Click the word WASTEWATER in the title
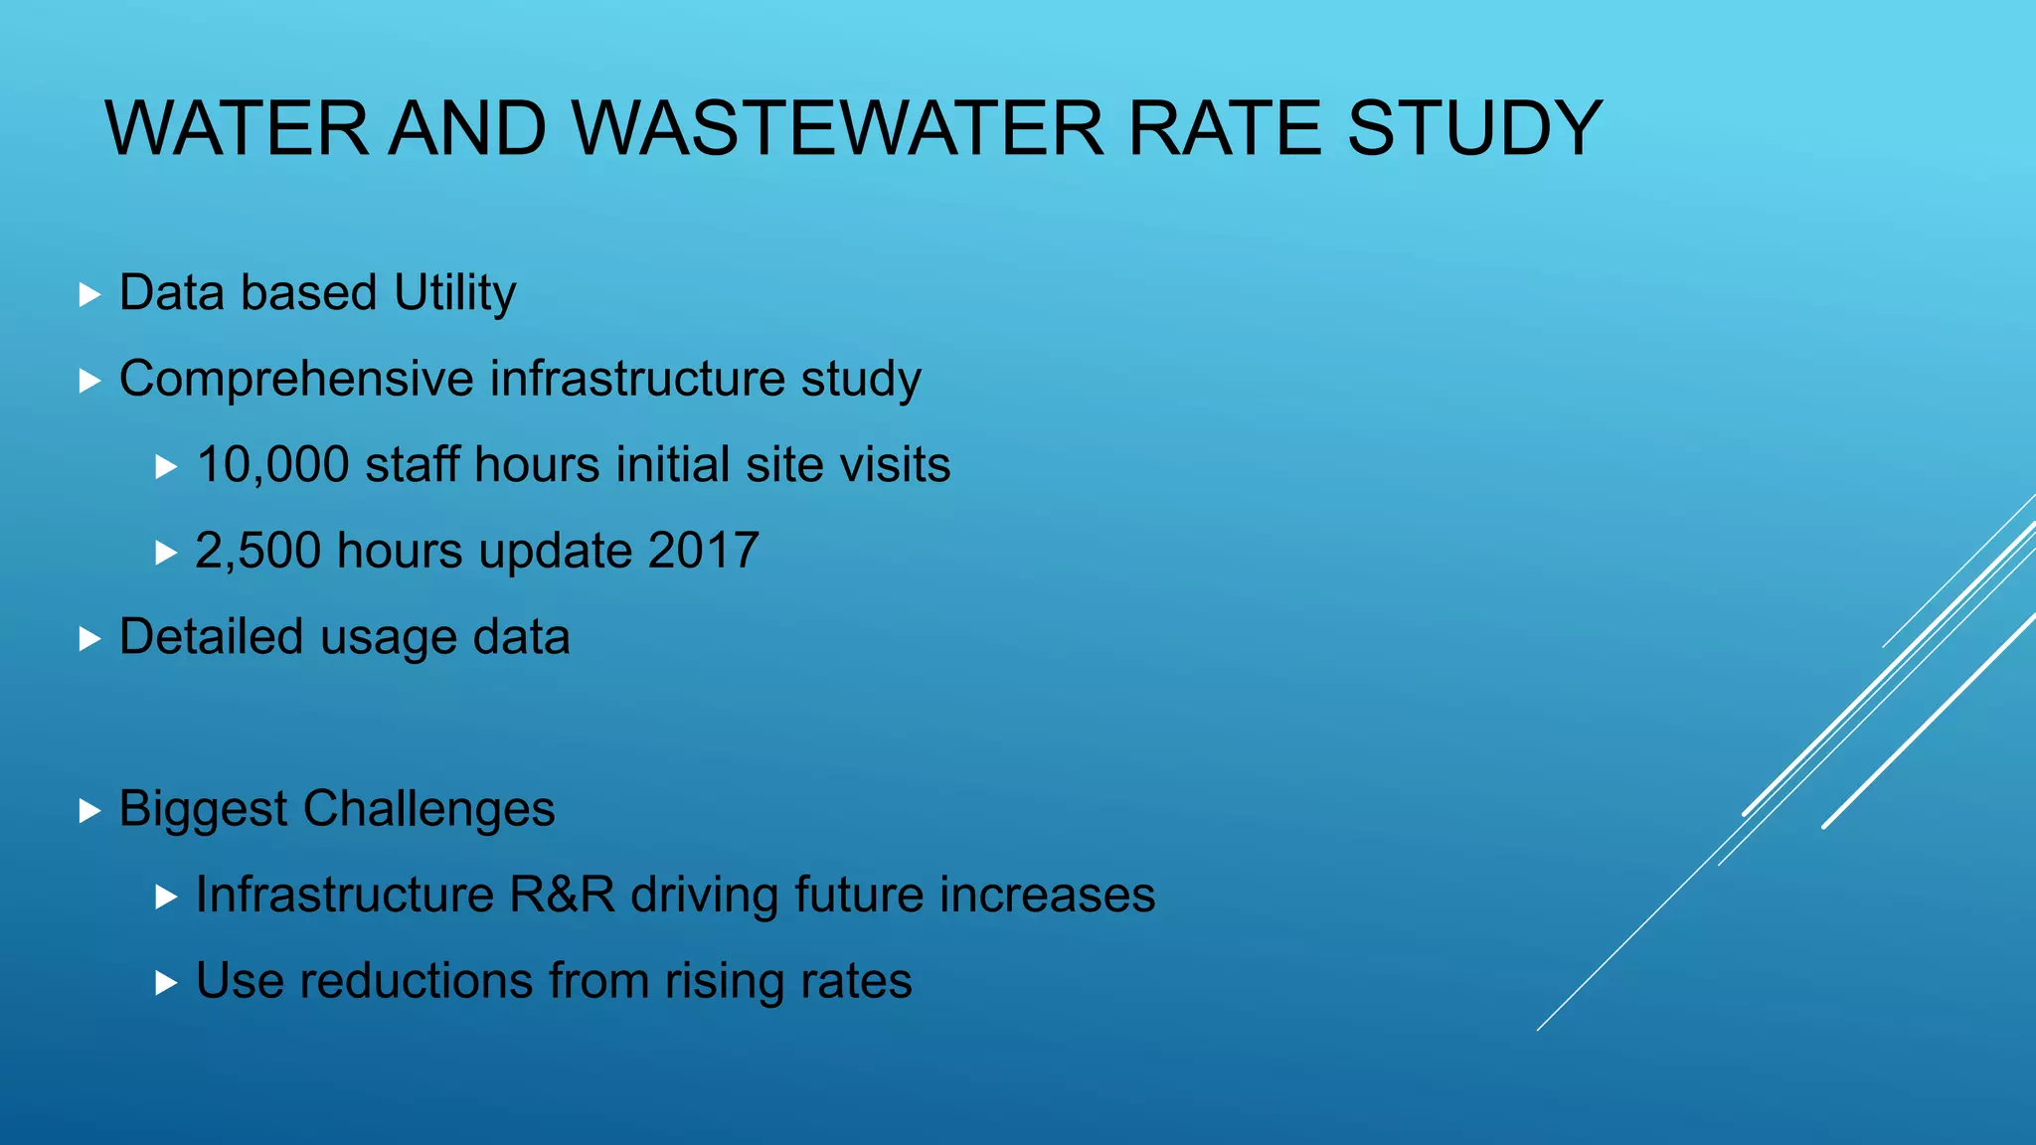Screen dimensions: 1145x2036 coord(837,129)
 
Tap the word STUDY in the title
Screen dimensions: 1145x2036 coord(1473,129)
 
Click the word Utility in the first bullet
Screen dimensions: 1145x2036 coord(454,294)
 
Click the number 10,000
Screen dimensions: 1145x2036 coord(272,465)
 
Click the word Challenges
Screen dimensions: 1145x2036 coord(428,809)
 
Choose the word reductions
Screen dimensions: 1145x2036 coord(417,981)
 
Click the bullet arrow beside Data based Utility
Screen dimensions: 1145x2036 coord(90,295)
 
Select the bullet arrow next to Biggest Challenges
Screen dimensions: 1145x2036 coord(90,811)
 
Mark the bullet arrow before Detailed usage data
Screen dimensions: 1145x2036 coord(90,639)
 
